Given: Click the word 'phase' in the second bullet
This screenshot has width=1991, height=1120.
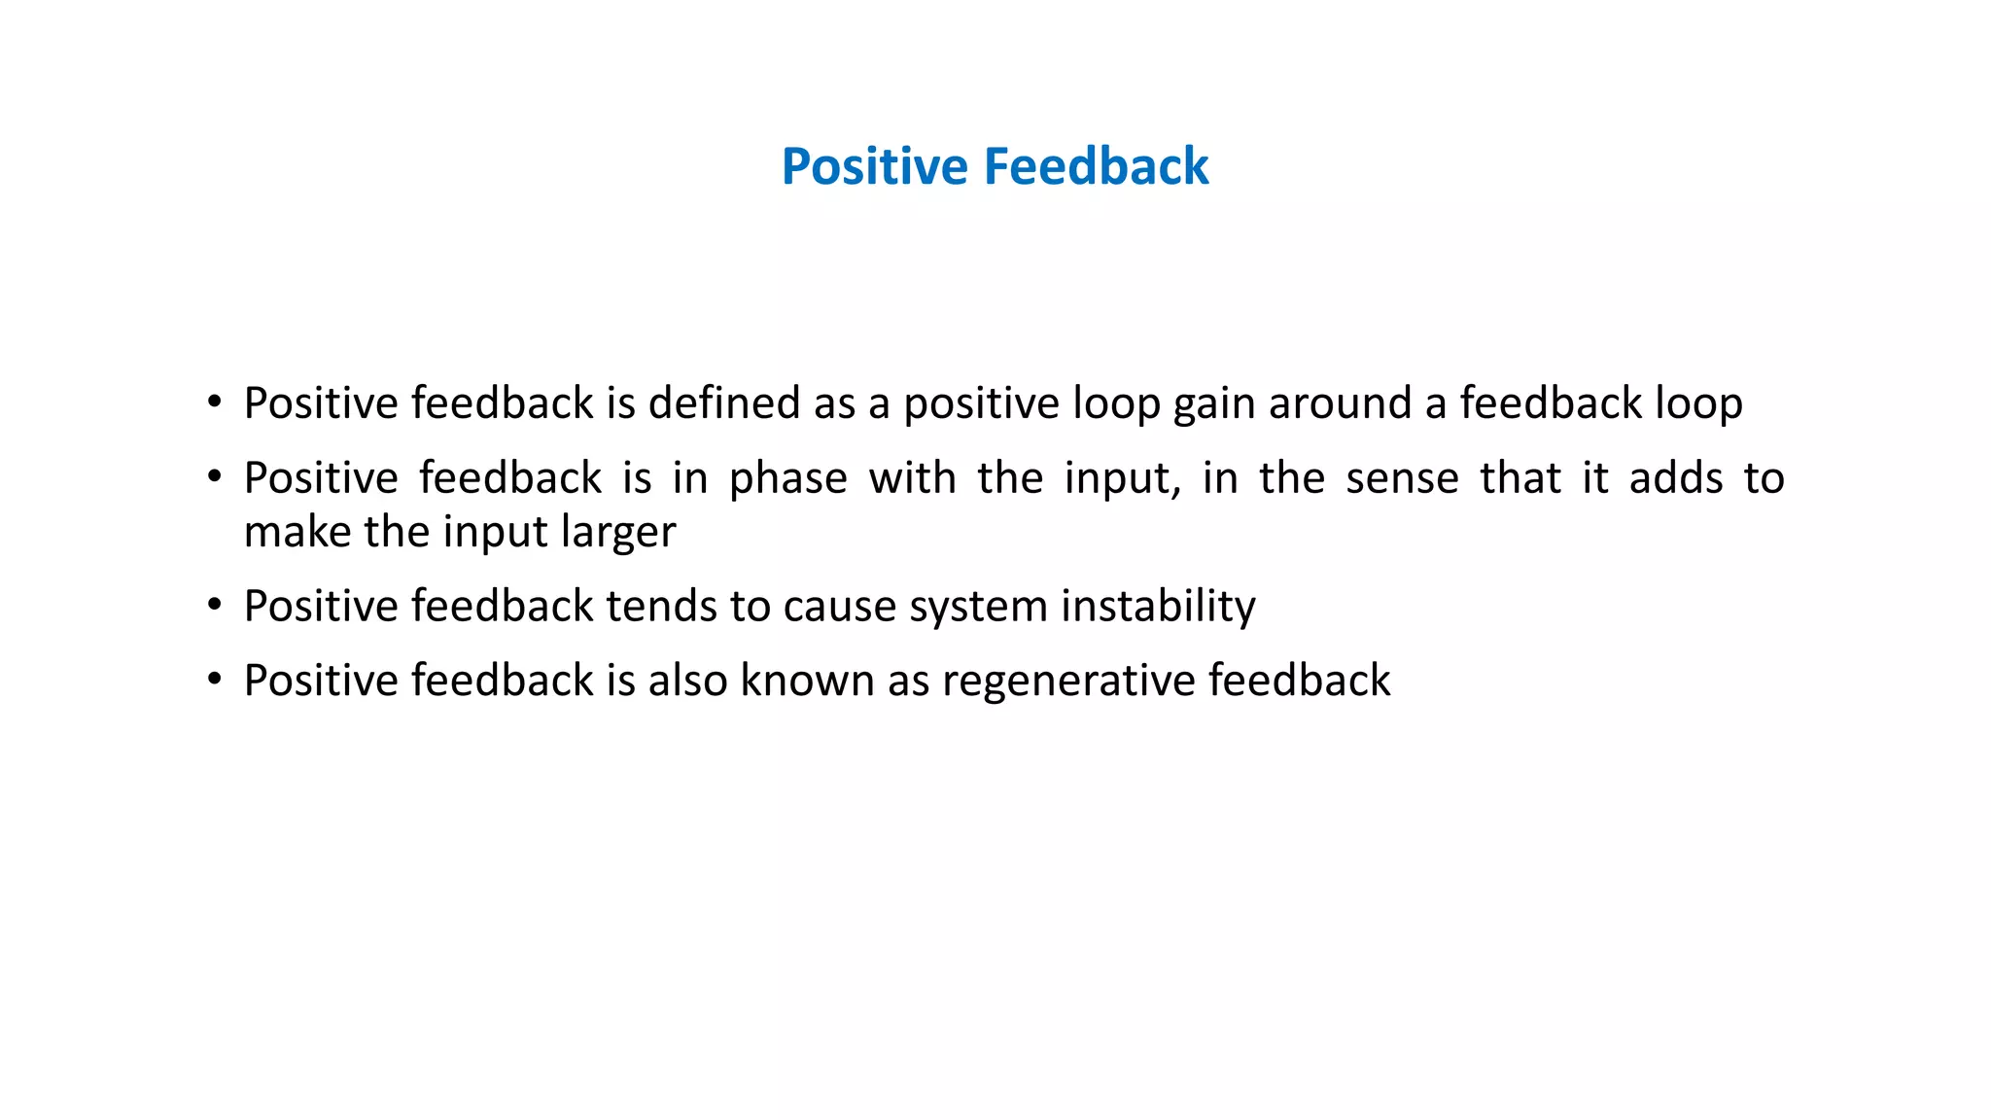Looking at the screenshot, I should pos(788,479).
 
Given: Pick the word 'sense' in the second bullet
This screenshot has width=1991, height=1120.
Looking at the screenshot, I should pos(1402,479).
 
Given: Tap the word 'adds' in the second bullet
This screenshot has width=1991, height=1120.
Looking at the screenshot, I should pos(1676,479).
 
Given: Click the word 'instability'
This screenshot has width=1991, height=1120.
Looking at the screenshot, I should pos(1158,607).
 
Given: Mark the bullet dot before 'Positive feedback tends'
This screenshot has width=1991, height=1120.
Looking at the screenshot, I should pos(215,606).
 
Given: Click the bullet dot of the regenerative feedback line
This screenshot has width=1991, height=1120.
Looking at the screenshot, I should pos(215,680).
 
